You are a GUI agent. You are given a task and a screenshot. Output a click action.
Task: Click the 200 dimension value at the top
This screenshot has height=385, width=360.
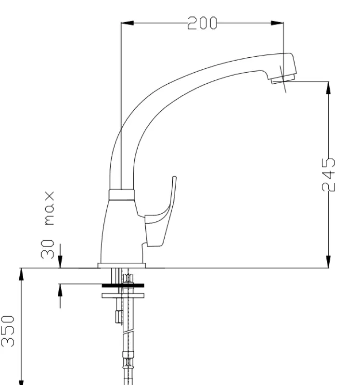click(x=202, y=23)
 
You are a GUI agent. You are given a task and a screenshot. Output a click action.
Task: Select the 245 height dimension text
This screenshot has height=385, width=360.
click(x=329, y=174)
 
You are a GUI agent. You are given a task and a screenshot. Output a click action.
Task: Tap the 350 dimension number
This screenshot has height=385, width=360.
click(x=8, y=331)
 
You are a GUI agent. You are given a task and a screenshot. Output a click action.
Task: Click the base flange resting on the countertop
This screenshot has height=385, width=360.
click(x=121, y=265)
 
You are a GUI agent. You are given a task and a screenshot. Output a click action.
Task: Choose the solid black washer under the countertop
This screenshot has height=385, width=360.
click(x=123, y=285)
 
